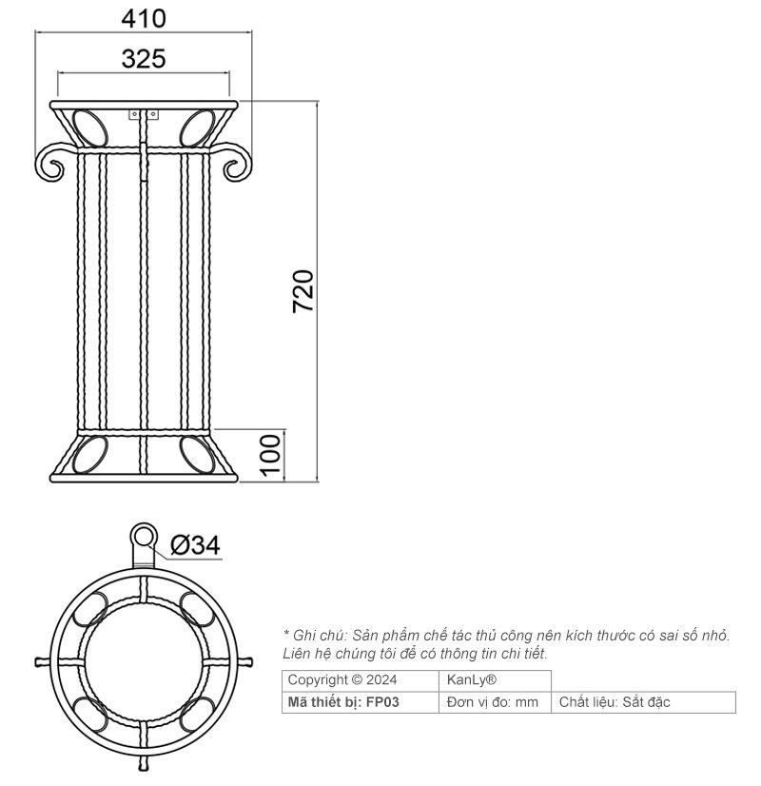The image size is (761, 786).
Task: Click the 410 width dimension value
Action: (x=145, y=18)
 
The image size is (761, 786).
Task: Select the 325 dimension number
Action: (x=144, y=59)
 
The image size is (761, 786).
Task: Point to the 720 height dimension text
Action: (x=302, y=291)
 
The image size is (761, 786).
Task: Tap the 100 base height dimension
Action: (x=271, y=454)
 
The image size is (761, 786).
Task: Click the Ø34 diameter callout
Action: (x=195, y=545)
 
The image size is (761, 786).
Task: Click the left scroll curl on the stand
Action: (x=49, y=163)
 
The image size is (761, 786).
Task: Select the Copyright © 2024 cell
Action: (x=342, y=680)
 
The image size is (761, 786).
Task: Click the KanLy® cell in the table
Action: (x=472, y=680)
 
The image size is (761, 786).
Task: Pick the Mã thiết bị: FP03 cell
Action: (x=343, y=702)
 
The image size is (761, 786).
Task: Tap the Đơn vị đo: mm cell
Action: (x=492, y=702)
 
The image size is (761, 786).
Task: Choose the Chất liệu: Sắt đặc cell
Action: (x=615, y=702)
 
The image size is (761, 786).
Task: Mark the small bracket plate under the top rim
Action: (x=144, y=113)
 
